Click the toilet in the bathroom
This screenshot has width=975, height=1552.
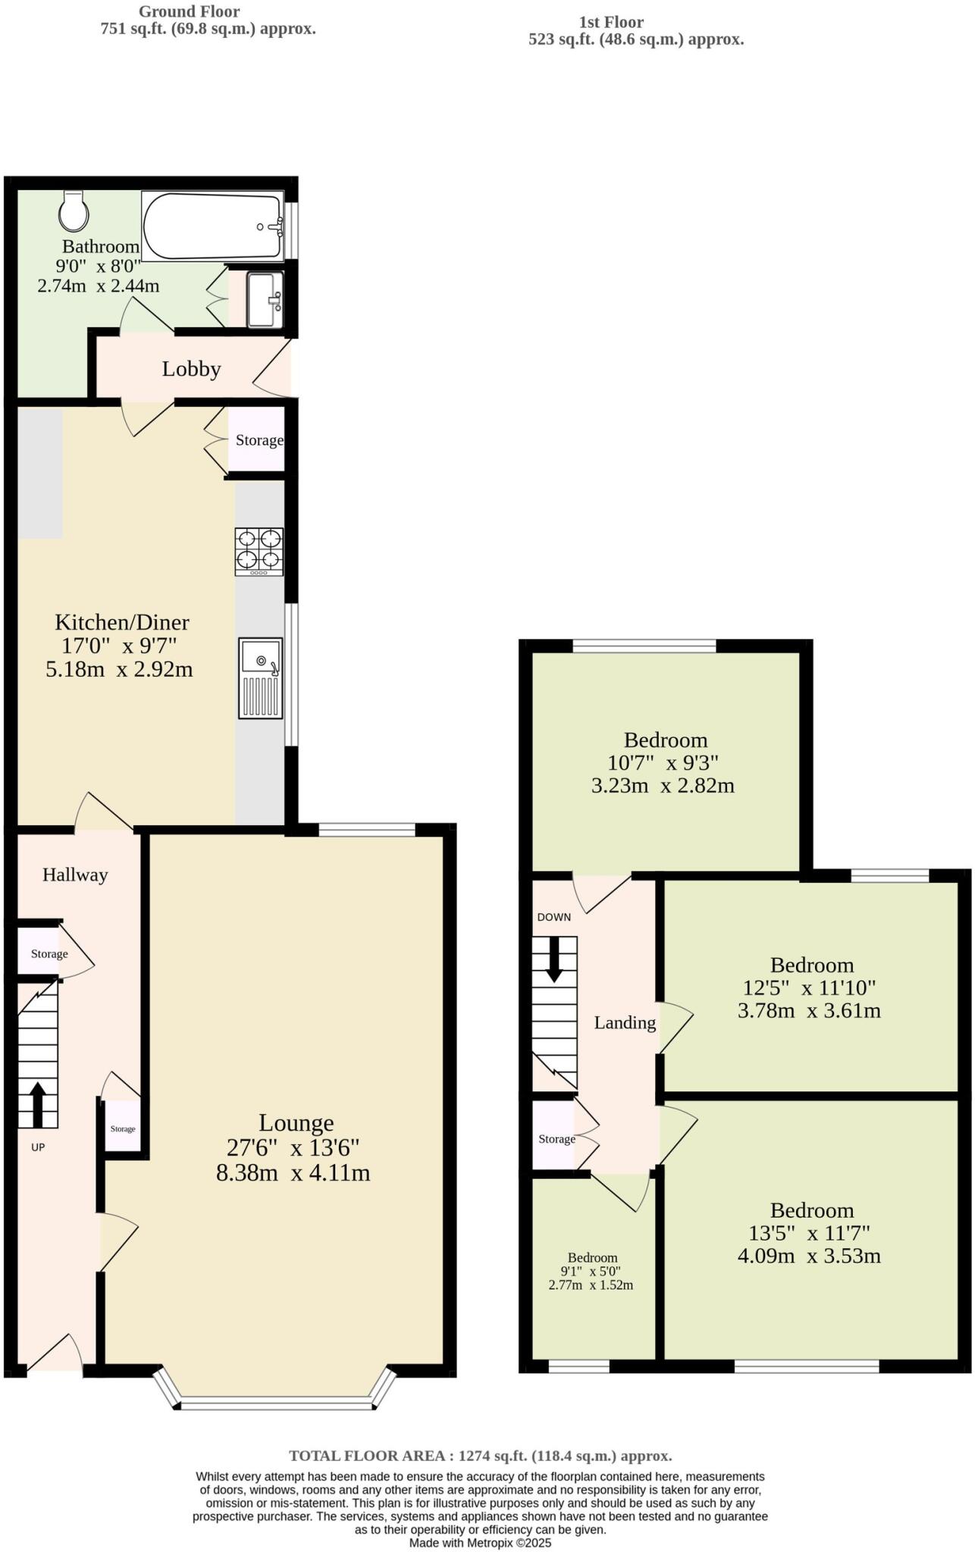point(74,211)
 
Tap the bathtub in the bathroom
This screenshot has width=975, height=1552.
point(212,227)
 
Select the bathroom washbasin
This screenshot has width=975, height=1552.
point(265,300)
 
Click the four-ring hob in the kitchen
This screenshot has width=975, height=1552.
point(259,550)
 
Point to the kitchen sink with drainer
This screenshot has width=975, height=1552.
point(260,677)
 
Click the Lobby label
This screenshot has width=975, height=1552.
point(191,369)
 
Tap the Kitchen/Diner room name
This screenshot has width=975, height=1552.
point(122,622)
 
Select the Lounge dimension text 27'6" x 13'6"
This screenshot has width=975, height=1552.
point(293,1147)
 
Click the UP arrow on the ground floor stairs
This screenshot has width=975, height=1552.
point(36,1104)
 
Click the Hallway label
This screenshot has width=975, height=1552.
point(75,875)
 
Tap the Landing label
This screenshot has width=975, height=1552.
point(625,1023)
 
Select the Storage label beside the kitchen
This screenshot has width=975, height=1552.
point(259,440)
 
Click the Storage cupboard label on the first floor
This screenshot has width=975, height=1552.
point(556,1139)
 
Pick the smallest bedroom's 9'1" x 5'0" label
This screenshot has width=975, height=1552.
point(591,1271)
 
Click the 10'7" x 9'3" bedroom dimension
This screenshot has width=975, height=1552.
point(663,762)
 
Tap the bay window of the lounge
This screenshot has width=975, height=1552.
point(277,1404)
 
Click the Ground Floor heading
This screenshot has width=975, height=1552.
point(190,11)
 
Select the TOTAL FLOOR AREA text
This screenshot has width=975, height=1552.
point(480,1456)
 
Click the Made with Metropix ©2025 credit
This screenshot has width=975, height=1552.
point(480,1542)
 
